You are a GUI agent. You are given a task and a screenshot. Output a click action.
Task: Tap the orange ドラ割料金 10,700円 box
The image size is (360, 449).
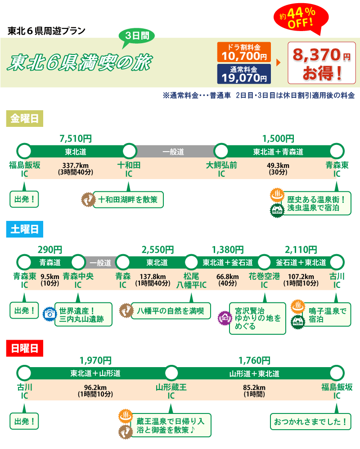pos(243,52)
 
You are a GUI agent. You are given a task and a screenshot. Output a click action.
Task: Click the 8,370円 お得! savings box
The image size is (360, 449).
pos(321,63)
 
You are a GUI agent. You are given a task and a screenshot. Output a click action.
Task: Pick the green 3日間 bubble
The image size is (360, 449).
pos(136,36)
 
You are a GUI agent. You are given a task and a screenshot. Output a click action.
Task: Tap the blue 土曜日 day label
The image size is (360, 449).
pos(25,229)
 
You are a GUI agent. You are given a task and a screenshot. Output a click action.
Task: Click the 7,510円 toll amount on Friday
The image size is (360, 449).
pos(76,139)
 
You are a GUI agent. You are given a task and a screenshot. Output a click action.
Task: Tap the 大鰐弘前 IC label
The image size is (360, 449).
pos(221,169)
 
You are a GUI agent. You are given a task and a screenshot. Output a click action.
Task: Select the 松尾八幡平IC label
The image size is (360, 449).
pos(191,280)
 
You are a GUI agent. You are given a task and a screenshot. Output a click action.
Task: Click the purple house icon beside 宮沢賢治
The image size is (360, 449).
pos(223,318)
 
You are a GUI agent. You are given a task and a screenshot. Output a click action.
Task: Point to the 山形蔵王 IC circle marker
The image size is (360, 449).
pos(171,373)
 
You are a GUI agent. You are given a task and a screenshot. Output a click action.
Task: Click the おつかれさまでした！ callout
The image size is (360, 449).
pos(310,422)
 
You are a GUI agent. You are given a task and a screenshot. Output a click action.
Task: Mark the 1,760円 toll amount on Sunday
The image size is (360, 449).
pos(254,360)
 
